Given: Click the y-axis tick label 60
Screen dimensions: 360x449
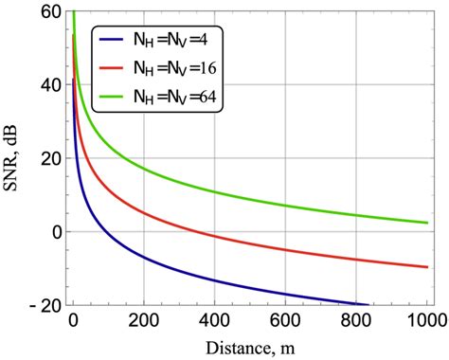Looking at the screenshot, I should [49, 11].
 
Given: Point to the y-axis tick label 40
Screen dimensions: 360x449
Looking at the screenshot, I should [49, 84].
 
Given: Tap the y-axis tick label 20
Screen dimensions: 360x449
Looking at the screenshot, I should [49, 158].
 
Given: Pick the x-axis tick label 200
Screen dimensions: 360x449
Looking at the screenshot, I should [144, 320].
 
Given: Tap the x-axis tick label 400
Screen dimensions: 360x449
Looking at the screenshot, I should [215, 320].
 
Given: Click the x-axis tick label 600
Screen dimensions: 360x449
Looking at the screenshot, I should [285, 320].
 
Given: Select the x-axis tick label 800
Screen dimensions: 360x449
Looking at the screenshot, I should [356, 320].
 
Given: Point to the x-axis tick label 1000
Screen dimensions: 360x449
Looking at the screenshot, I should [426, 320].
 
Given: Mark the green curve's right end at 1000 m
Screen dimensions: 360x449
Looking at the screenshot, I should [426, 223].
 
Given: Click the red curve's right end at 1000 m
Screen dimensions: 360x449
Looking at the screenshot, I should [426, 267].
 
